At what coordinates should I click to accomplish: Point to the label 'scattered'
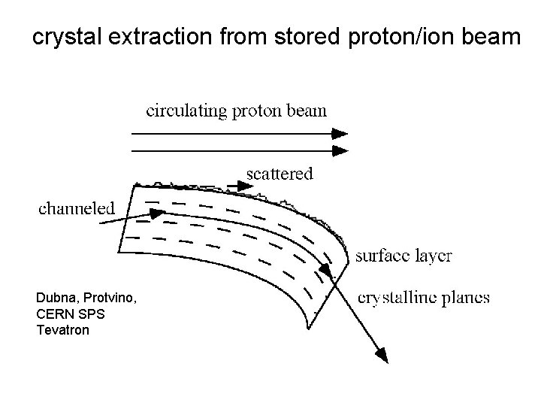click(x=280, y=174)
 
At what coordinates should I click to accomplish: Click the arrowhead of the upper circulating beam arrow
click(x=341, y=134)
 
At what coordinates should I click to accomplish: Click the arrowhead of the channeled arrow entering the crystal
click(x=157, y=213)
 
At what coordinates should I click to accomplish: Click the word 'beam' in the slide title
click(x=492, y=37)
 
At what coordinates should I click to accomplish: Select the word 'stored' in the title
click(x=307, y=37)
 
